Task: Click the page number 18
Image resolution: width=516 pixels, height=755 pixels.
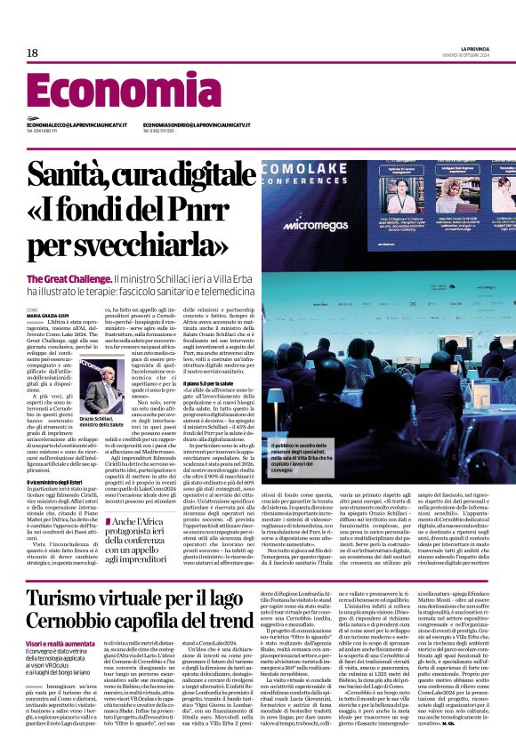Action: [32, 53]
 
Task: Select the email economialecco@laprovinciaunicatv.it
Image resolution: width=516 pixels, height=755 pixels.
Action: [77, 125]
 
